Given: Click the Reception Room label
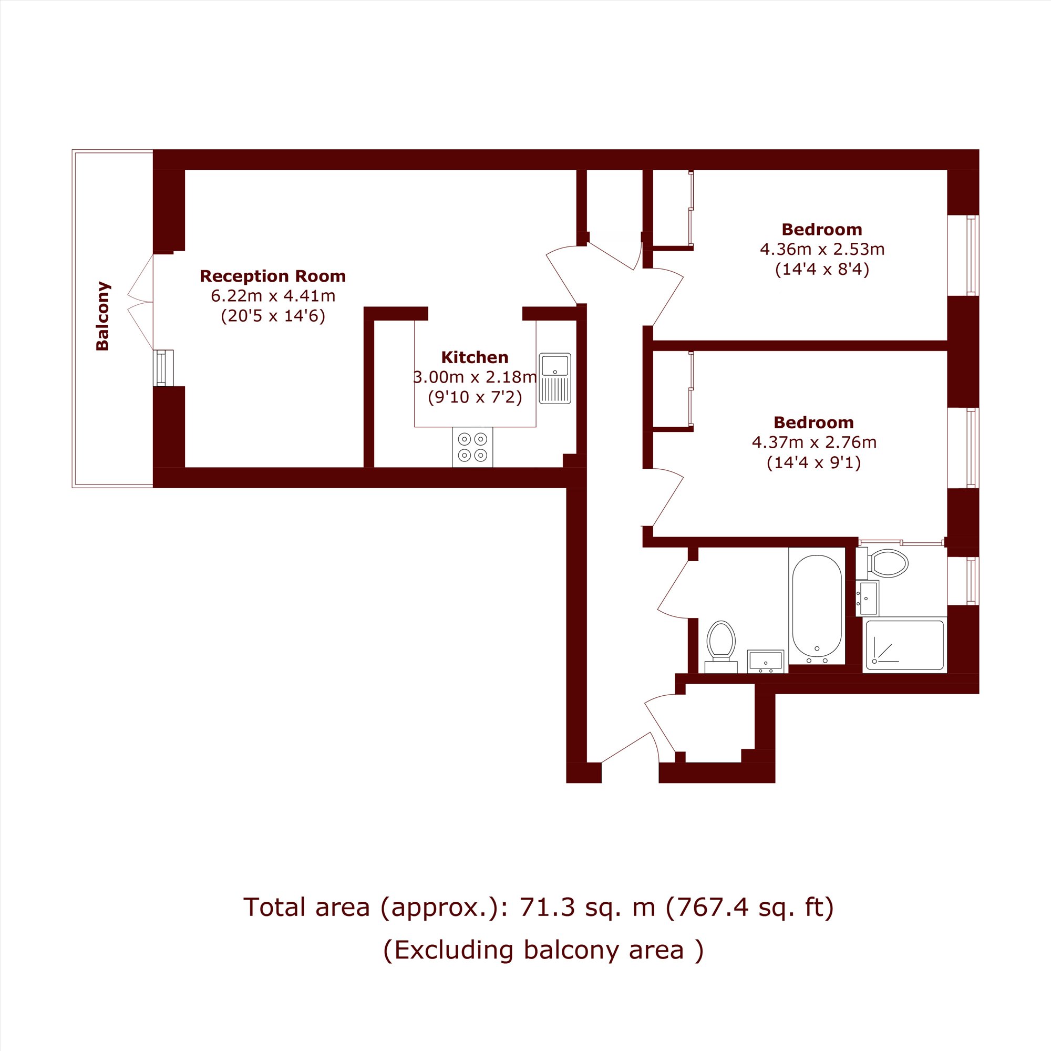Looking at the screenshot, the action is point(273,276).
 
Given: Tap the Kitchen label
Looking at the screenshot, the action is point(475,357).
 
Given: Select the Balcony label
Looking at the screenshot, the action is point(102,316).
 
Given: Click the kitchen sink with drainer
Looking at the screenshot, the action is point(555,378).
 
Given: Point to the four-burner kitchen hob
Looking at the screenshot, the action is point(472,447).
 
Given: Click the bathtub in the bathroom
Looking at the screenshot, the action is point(817,606).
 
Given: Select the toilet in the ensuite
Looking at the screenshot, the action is point(882,563).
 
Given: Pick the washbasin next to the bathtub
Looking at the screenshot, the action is point(766,662).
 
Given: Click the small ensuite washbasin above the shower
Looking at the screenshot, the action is point(867,599).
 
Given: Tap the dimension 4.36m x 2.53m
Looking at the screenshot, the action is point(822,250).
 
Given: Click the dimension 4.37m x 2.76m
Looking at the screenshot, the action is point(814,442).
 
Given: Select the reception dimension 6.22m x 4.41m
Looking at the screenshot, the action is point(273,296).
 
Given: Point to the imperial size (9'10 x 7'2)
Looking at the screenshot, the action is point(475,397).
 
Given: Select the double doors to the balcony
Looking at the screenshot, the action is point(140,302).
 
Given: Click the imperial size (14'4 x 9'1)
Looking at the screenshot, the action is point(814,463).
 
